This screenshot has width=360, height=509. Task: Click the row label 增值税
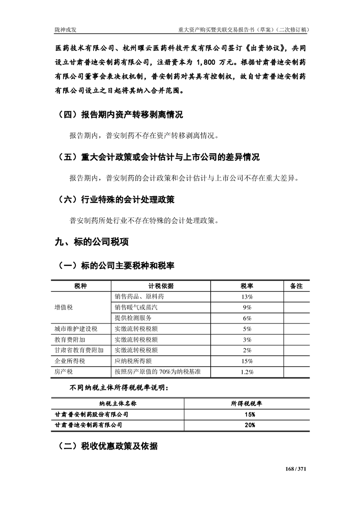click(64, 307)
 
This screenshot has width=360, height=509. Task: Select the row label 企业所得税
click(70, 361)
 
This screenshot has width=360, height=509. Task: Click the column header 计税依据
click(161, 286)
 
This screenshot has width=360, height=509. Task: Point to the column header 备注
click(296, 286)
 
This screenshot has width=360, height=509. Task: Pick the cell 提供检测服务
click(133, 318)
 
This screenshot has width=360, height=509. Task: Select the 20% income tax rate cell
click(249, 425)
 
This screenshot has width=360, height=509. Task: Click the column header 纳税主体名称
click(118, 403)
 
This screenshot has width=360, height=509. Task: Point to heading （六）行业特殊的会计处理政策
click(117, 199)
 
